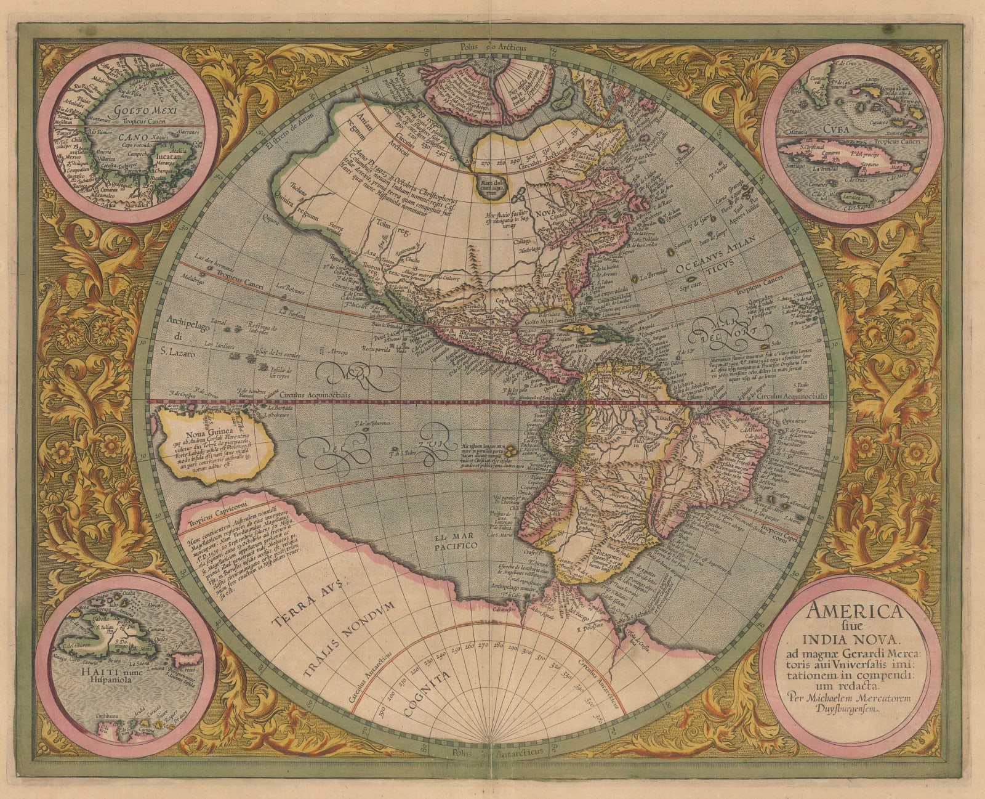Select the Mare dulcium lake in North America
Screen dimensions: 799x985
496,186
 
